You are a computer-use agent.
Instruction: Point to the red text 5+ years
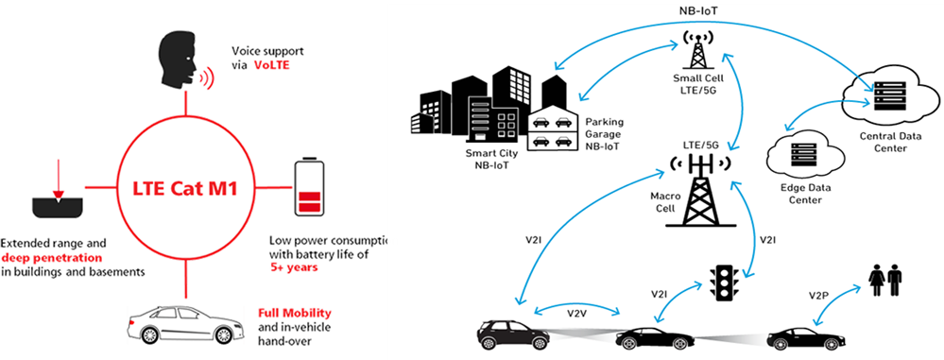[292, 267]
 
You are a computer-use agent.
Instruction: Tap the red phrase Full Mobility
[294, 313]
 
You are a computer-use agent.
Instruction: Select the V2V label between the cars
[578, 312]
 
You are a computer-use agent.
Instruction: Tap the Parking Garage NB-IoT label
[605, 134]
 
